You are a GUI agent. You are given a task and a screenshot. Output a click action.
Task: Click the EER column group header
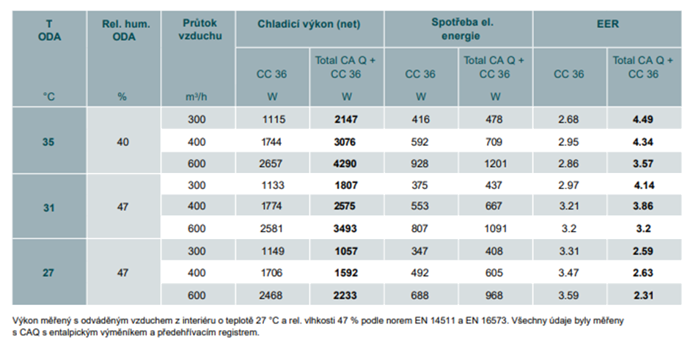(607, 24)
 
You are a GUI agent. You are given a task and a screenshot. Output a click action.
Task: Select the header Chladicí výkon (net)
(309, 24)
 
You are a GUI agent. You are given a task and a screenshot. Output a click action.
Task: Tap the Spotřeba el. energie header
(462, 29)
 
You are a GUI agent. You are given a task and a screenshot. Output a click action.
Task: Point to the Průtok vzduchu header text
(199, 29)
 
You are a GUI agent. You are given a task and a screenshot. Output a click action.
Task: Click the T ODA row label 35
(48, 142)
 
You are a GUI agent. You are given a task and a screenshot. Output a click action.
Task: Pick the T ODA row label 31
(48, 207)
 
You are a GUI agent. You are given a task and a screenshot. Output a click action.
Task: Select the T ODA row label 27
(48, 273)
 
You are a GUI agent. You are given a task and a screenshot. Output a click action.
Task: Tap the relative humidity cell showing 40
(123, 142)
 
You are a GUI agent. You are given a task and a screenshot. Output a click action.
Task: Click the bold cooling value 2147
(346, 120)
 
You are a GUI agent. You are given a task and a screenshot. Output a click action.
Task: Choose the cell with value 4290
(345, 164)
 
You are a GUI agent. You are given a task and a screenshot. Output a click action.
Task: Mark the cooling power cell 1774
(271, 206)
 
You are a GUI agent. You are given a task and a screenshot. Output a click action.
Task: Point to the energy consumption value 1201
(495, 164)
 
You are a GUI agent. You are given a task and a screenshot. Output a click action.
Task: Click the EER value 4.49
(642, 120)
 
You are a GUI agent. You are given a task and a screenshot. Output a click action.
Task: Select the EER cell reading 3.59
(568, 295)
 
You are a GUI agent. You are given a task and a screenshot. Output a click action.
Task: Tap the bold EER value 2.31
(644, 295)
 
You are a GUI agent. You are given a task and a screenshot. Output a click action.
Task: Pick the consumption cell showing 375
(419, 185)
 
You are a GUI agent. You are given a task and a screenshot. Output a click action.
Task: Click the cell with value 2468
(271, 295)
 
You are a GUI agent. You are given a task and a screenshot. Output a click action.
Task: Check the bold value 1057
(346, 251)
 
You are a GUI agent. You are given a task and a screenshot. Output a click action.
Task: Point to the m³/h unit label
(197, 96)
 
